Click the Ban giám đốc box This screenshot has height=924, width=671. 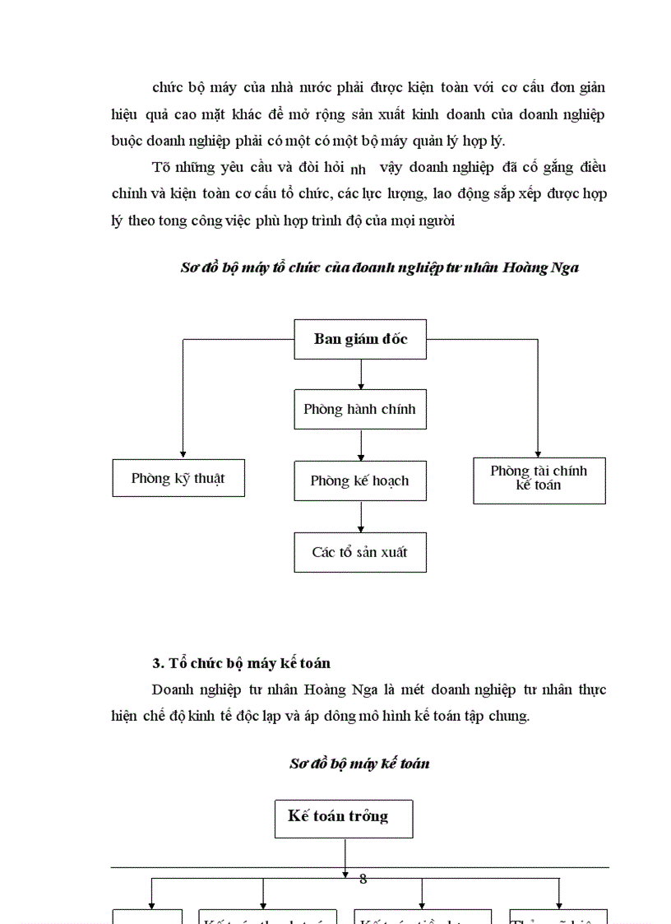click(360, 339)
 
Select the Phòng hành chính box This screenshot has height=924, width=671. click(360, 409)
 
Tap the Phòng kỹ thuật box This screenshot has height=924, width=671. click(178, 478)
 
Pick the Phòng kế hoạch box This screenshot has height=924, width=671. click(360, 481)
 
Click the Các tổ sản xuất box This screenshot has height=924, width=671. click(360, 552)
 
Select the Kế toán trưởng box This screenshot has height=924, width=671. click(343, 818)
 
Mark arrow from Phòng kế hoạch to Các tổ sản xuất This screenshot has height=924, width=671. click(361, 516)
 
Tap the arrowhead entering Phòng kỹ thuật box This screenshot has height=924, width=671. click(183, 453)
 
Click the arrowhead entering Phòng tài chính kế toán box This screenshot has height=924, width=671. click(539, 453)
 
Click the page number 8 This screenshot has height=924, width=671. click(363, 879)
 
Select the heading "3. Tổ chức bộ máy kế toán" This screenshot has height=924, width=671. click(242, 663)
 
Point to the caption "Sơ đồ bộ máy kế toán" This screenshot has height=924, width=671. click(359, 764)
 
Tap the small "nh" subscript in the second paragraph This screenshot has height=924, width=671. click(358, 171)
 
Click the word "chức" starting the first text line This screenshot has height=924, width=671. click(167, 87)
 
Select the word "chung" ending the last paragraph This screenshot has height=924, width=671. click(511, 716)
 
